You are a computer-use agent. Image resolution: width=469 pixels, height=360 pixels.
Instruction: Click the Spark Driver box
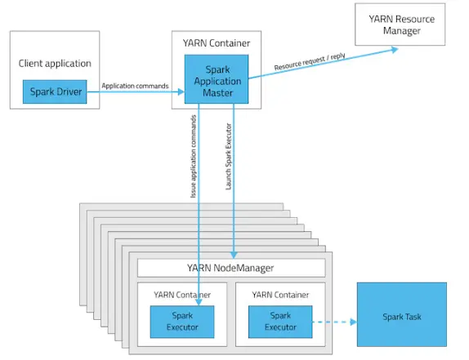(55, 91)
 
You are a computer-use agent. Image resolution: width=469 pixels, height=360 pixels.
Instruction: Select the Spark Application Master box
(217, 79)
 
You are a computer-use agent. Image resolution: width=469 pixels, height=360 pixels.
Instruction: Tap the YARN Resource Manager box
(400, 24)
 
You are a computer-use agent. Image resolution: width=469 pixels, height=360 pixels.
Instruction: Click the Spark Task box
(402, 314)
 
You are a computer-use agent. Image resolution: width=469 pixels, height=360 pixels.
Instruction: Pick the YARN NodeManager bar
(231, 268)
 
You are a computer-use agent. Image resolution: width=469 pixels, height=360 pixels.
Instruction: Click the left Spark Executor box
(182, 322)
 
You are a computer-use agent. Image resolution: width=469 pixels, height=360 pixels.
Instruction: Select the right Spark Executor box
(280, 322)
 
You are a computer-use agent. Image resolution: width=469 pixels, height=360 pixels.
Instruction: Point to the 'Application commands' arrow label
(135, 86)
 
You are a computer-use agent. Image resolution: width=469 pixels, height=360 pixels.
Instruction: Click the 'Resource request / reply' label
(310, 61)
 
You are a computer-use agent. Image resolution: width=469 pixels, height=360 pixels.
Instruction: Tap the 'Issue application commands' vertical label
(194, 156)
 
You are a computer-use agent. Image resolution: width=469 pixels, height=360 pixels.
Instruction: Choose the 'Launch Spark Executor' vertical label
(229, 157)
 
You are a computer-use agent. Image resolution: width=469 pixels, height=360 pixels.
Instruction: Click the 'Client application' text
(55, 64)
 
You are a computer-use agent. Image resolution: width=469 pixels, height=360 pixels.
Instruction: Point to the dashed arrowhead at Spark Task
(353, 322)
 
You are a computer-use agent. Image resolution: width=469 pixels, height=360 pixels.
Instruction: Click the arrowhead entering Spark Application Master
(181, 91)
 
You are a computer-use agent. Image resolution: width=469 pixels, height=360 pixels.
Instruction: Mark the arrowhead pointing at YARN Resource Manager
(395, 50)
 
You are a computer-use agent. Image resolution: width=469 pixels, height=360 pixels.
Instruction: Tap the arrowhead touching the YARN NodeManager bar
(234, 256)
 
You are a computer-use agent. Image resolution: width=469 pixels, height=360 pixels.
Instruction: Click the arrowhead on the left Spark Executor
(199, 302)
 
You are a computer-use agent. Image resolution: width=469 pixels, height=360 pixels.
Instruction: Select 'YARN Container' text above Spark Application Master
(217, 43)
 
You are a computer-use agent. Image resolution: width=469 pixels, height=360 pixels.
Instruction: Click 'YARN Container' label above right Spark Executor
(280, 296)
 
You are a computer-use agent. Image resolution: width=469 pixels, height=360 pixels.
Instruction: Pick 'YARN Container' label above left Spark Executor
(182, 296)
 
